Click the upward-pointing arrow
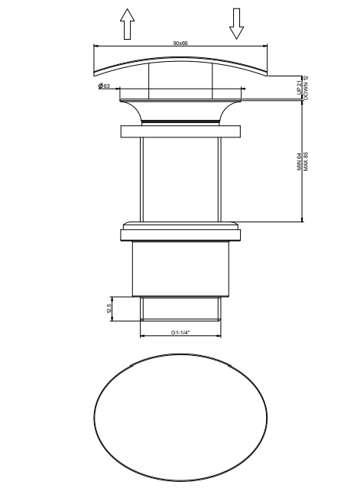(x=128, y=24)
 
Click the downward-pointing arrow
(x=236, y=24)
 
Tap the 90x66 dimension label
(x=180, y=43)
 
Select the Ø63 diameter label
(x=104, y=86)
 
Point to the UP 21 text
(x=299, y=88)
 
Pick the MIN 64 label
(x=299, y=162)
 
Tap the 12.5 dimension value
(x=109, y=309)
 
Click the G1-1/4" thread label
(x=180, y=332)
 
